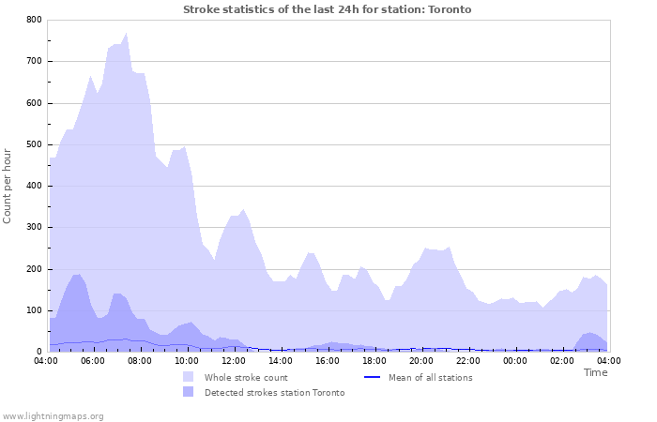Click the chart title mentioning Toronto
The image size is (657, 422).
pyautogui.click(x=328, y=9)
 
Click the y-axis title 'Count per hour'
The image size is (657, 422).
pyautogui.click(x=8, y=185)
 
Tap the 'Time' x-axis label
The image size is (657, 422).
pyautogui.click(x=595, y=372)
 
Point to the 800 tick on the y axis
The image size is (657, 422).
pyautogui.click(x=34, y=20)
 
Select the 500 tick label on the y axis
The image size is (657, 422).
pyautogui.click(x=34, y=144)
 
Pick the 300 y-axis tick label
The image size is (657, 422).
pyautogui.click(x=34, y=228)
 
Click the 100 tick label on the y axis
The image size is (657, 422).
pyautogui.click(x=34, y=310)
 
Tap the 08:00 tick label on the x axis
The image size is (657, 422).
pyautogui.click(x=140, y=360)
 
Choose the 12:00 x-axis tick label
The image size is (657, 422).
pyautogui.click(x=234, y=360)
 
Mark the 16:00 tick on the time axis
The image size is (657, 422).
pyautogui.click(x=328, y=360)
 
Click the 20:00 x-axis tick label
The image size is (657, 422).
pyautogui.click(x=421, y=360)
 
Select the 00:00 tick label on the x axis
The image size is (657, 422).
pyautogui.click(x=515, y=360)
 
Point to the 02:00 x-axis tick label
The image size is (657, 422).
pyautogui.click(x=562, y=360)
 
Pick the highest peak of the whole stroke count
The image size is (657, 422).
pyautogui.click(x=126, y=33)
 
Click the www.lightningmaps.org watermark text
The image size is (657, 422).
pyautogui.click(x=53, y=415)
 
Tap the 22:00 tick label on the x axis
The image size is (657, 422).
pyautogui.click(x=468, y=360)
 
